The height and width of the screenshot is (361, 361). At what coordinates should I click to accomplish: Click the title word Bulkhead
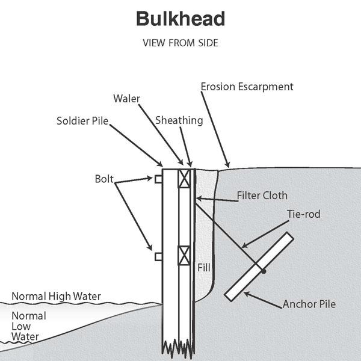(180, 19)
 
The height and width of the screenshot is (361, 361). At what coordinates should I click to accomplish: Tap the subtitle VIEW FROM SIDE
(180, 43)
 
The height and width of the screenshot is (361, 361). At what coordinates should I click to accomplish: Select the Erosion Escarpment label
(247, 87)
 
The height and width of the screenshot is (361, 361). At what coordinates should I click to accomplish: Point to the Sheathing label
(179, 120)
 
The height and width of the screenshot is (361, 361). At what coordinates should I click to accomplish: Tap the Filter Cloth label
(262, 196)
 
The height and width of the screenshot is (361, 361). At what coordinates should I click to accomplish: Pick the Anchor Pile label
(309, 304)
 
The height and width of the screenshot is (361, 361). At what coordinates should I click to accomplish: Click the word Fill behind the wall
(204, 265)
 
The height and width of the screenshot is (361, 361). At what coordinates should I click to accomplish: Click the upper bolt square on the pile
(158, 179)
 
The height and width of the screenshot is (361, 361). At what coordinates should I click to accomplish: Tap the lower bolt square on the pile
(158, 257)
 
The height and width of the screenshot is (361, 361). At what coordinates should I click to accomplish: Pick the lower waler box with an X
(184, 256)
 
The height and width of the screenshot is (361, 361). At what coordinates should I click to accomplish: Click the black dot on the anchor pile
(264, 271)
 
